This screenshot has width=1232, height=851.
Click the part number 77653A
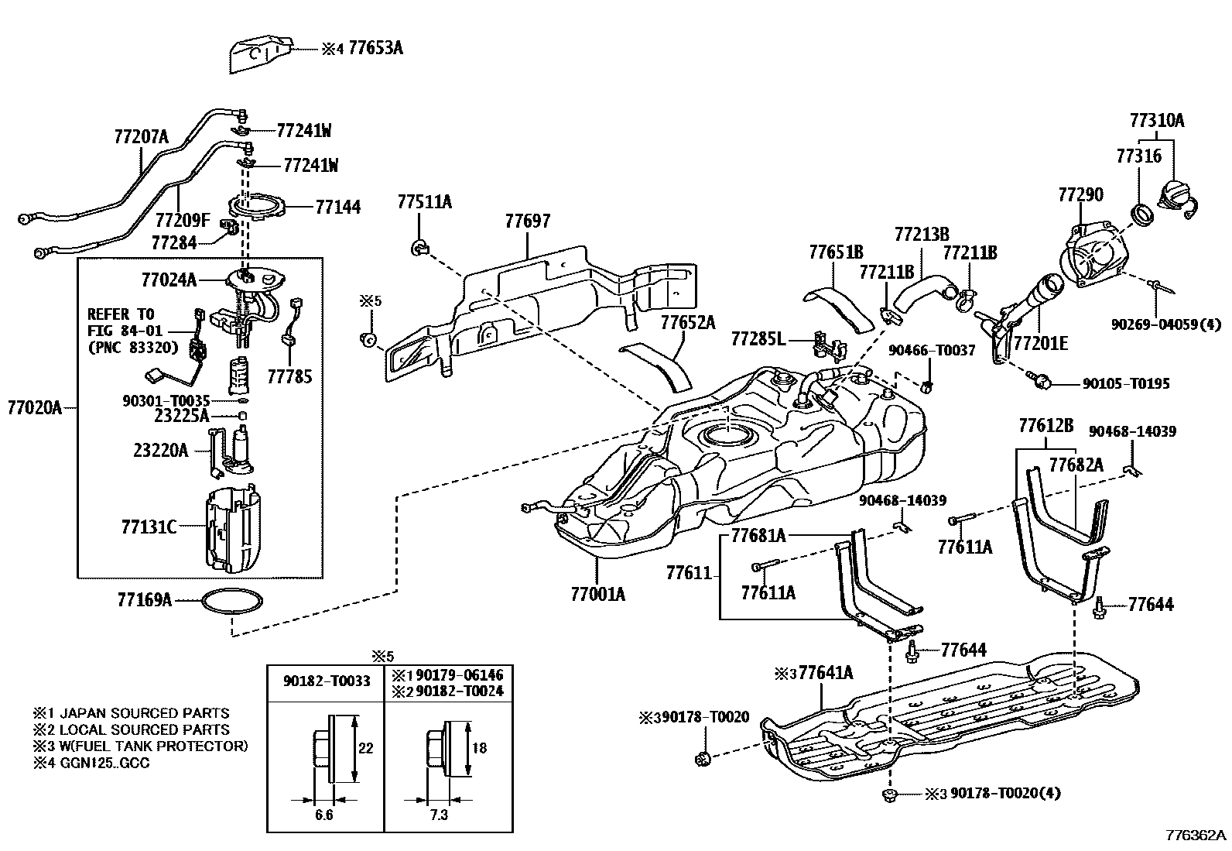point(375,48)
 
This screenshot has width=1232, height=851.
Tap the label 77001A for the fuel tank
point(597,594)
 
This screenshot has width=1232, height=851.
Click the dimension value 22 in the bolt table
point(366,747)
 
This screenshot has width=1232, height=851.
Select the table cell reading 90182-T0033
point(324,681)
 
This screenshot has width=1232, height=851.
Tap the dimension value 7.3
point(438,815)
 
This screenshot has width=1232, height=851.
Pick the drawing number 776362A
point(1196,836)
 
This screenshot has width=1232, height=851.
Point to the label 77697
point(527,221)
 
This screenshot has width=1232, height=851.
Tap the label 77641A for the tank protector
point(826,672)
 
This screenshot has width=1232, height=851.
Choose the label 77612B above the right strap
point(1045,425)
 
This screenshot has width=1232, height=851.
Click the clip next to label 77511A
point(418,248)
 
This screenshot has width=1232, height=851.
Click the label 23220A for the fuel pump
point(161,450)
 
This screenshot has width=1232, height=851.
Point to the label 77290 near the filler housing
point(1080,194)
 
